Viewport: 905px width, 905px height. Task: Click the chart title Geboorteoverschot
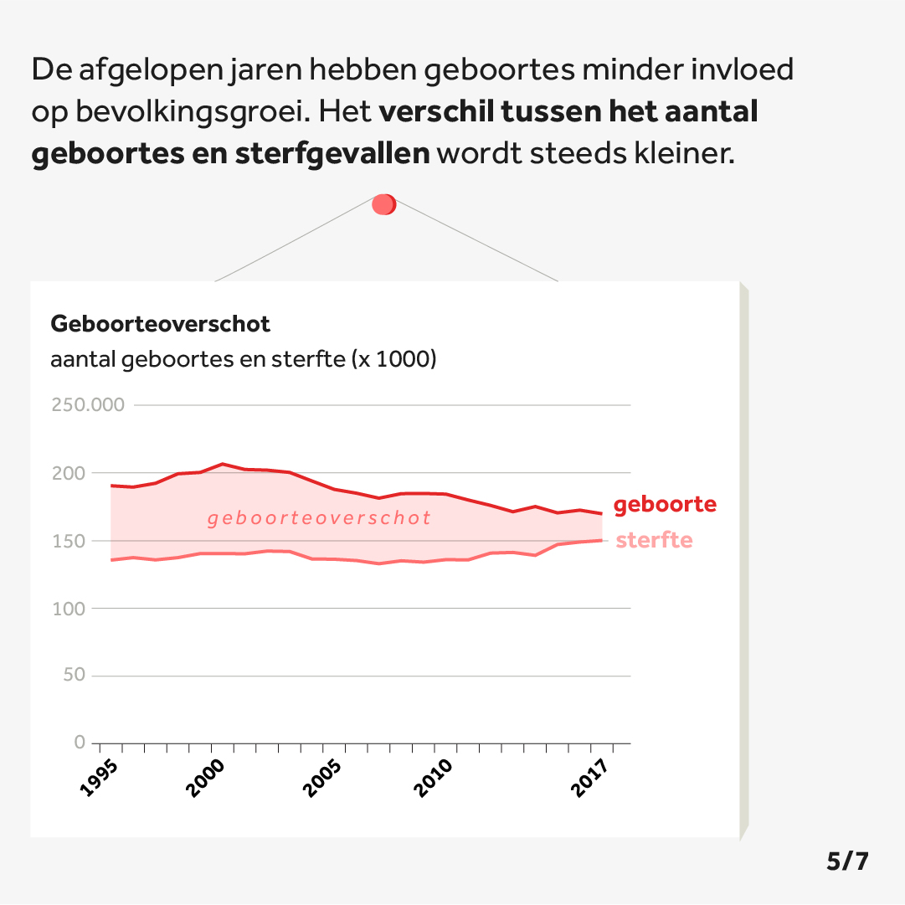coord(161,323)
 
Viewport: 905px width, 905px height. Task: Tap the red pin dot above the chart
coord(383,204)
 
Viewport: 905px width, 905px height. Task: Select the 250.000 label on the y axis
coord(88,405)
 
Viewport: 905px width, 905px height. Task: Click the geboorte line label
coord(665,505)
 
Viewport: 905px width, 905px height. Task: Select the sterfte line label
coord(654,540)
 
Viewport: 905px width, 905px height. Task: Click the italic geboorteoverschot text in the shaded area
coord(319,518)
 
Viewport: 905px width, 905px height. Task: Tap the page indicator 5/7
coord(847,861)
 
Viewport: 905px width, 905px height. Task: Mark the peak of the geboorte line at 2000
coord(223,464)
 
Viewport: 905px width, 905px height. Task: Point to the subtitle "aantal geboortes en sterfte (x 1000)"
coord(244,360)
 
